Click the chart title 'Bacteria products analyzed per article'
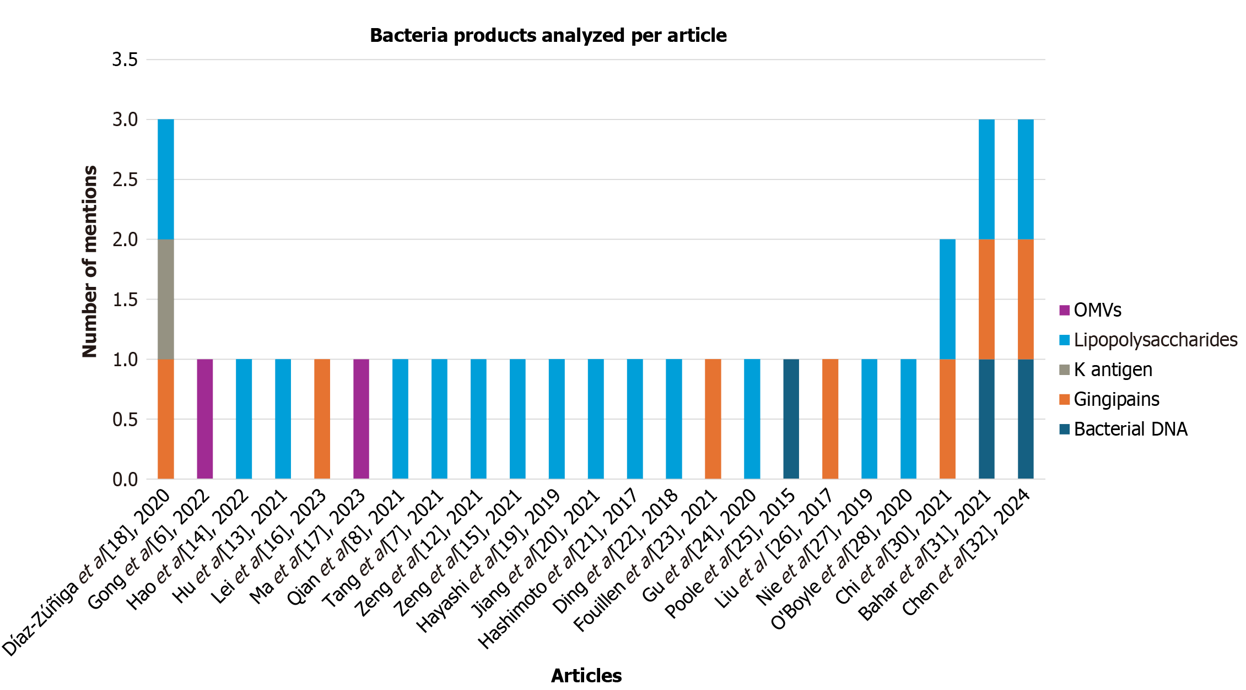(x=548, y=36)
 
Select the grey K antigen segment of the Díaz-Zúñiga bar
(x=166, y=299)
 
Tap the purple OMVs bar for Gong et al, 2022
(x=205, y=419)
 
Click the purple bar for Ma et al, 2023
(x=361, y=419)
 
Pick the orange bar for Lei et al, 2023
(x=322, y=419)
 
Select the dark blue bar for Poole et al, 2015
(x=791, y=419)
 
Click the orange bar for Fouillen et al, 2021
(x=713, y=419)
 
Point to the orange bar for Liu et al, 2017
(x=830, y=419)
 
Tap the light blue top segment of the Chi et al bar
(x=947, y=299)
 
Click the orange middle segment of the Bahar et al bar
(x=986, y=299)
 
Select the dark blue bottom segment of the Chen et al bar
(x=1026, y=419)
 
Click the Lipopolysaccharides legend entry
(x=1155, y=340)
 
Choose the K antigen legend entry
(x=1113, y=370)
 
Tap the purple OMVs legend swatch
(x=1064, y=310)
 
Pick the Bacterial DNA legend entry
(x=1130, y=429)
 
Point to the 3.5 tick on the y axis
(x=125, y=59)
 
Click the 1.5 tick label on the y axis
(x=125, y=300)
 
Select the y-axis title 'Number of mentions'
(x=89, y=261)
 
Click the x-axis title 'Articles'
(x=586, y=676)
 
